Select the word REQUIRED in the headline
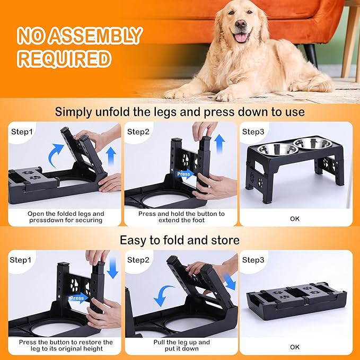tap(64, 58)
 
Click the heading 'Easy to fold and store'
tap(180, 240)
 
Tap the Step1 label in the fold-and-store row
tap(23, 260)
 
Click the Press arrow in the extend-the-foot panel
tap(185, 174)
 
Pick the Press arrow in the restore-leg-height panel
tap(76, 297)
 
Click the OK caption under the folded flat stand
tap(295, 347)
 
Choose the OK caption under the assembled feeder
tap(295, 218)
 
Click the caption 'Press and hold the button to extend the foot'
tap(181, 217)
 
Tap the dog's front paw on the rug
tap(178, 94)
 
